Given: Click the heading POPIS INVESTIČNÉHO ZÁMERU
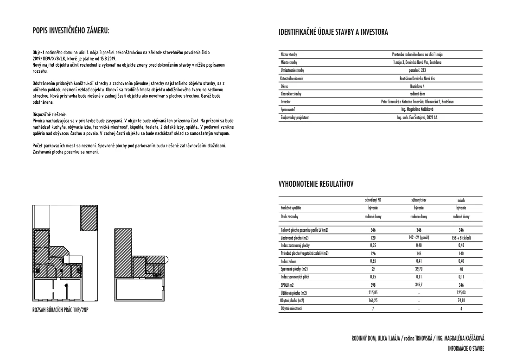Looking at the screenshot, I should (x=70, y=32).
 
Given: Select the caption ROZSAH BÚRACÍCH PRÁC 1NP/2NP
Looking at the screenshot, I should (x=60, y=309).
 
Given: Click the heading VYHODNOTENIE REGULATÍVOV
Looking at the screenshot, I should (x=316, y=184).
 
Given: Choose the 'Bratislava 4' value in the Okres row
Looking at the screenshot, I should (x=417, y=86).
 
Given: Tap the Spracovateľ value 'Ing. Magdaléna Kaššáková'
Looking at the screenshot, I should (x=417, y=110).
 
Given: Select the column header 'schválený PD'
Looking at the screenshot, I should (x=373, y=201).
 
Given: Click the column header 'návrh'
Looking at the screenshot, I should (x=461, y=201).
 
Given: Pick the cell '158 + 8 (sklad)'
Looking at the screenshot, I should (x=461, y=237).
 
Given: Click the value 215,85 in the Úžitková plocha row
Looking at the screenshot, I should (x=373, y=293).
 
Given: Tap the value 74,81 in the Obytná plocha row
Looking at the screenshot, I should (x=461, y=301).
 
